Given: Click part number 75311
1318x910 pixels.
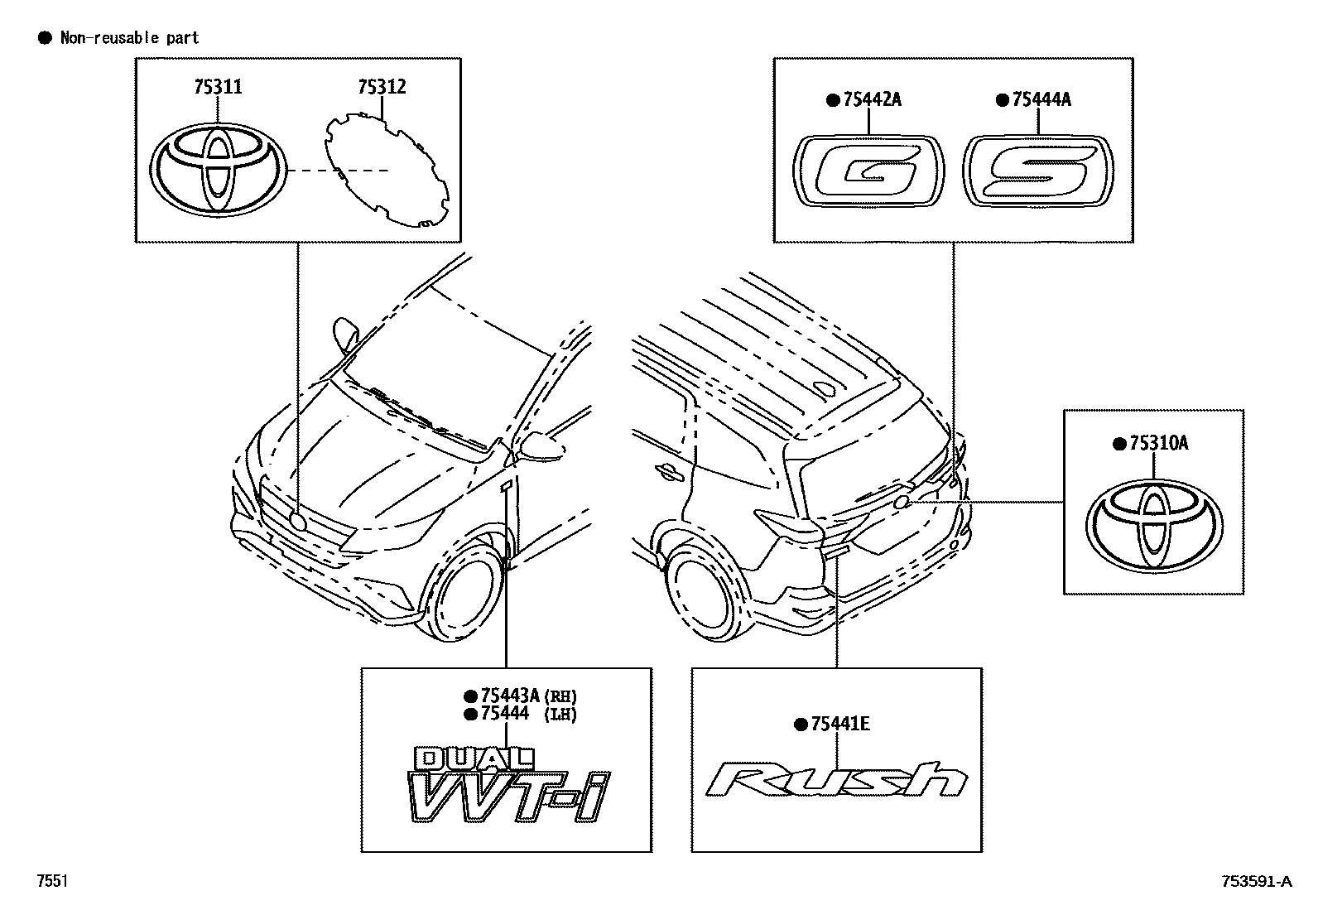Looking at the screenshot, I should point(218,87).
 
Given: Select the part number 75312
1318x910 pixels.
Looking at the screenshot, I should point(382,87).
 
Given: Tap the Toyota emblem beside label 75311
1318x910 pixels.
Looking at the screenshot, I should point(219,171).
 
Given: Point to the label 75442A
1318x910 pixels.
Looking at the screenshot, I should point(872,100).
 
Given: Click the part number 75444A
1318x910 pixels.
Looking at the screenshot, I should point(1041,100).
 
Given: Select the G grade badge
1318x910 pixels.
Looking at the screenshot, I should point(868,169).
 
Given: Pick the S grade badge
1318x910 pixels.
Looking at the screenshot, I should point(1038,171).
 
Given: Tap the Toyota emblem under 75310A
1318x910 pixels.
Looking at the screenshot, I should point(1153,525).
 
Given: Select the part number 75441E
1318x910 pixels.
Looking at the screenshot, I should point(839,725).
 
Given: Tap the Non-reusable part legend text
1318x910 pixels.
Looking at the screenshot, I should point(129,38).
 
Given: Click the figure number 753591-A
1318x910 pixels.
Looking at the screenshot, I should point(1254,882).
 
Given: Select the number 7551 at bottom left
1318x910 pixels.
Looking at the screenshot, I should point(51,882).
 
